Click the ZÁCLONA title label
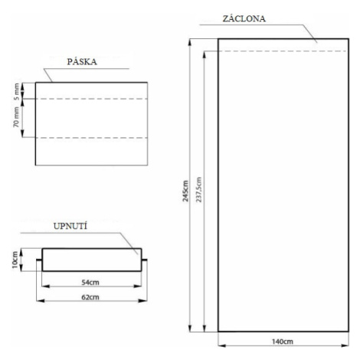point(244,18)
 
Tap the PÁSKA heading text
point(82,61)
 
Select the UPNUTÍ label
point(70,226)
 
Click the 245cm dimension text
point(185,191)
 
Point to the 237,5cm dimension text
point(198,189)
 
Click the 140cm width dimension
point(283,342)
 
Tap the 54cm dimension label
point(90,283)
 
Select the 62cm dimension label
point(90,297)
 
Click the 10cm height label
point(15,260)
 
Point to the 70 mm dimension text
point(16,117)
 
